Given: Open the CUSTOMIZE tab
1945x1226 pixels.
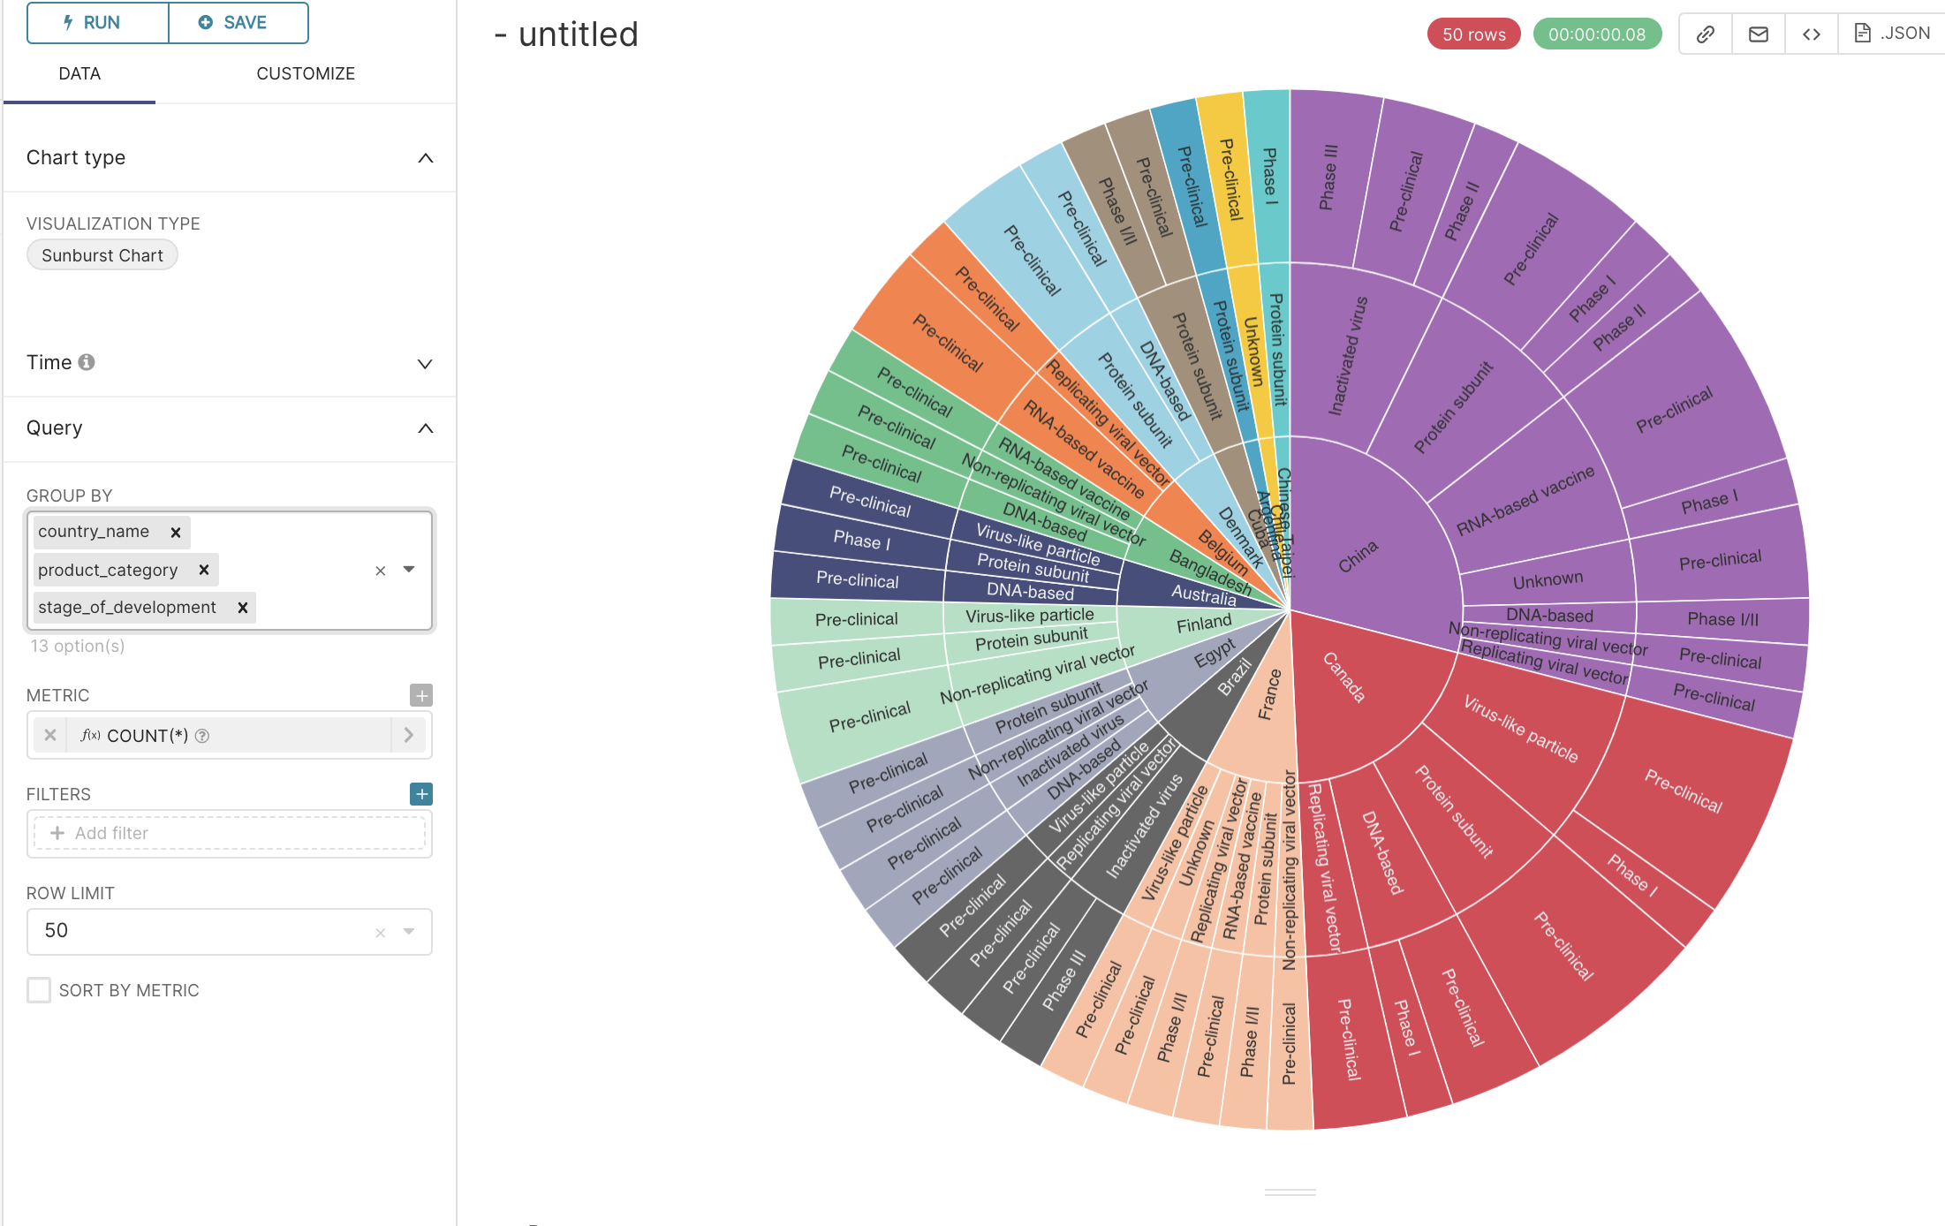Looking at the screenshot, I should (306, 73).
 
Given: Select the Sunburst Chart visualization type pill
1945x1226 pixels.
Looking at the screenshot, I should (102, 255).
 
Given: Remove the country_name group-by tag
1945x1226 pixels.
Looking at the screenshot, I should (176, 532).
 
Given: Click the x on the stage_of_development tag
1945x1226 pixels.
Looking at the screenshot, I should (243, 608).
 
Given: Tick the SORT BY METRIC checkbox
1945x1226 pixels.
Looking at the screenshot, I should (39, 990).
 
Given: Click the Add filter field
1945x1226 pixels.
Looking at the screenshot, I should (230, 833).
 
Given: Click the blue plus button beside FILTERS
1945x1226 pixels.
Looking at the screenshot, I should (421, 794).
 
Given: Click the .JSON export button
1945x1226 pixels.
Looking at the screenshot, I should (1892, 34).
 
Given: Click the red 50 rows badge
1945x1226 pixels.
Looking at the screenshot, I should (1473, 34).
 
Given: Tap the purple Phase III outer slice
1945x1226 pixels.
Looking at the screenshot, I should (1328, 177).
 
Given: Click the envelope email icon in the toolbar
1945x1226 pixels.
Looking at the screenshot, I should (1759, 34).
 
